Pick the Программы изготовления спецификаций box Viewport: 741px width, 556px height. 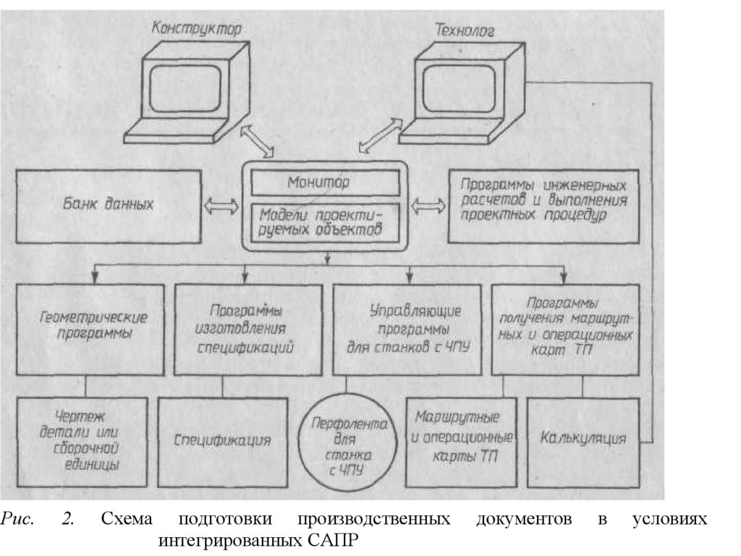[x=248, y=329]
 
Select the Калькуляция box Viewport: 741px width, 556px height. [x=583, y=440]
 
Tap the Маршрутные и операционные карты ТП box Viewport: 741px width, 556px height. [x=461, y=441]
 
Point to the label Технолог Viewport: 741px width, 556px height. [x=463, y=30]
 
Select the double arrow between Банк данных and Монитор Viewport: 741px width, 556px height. [x=221, y=205]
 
